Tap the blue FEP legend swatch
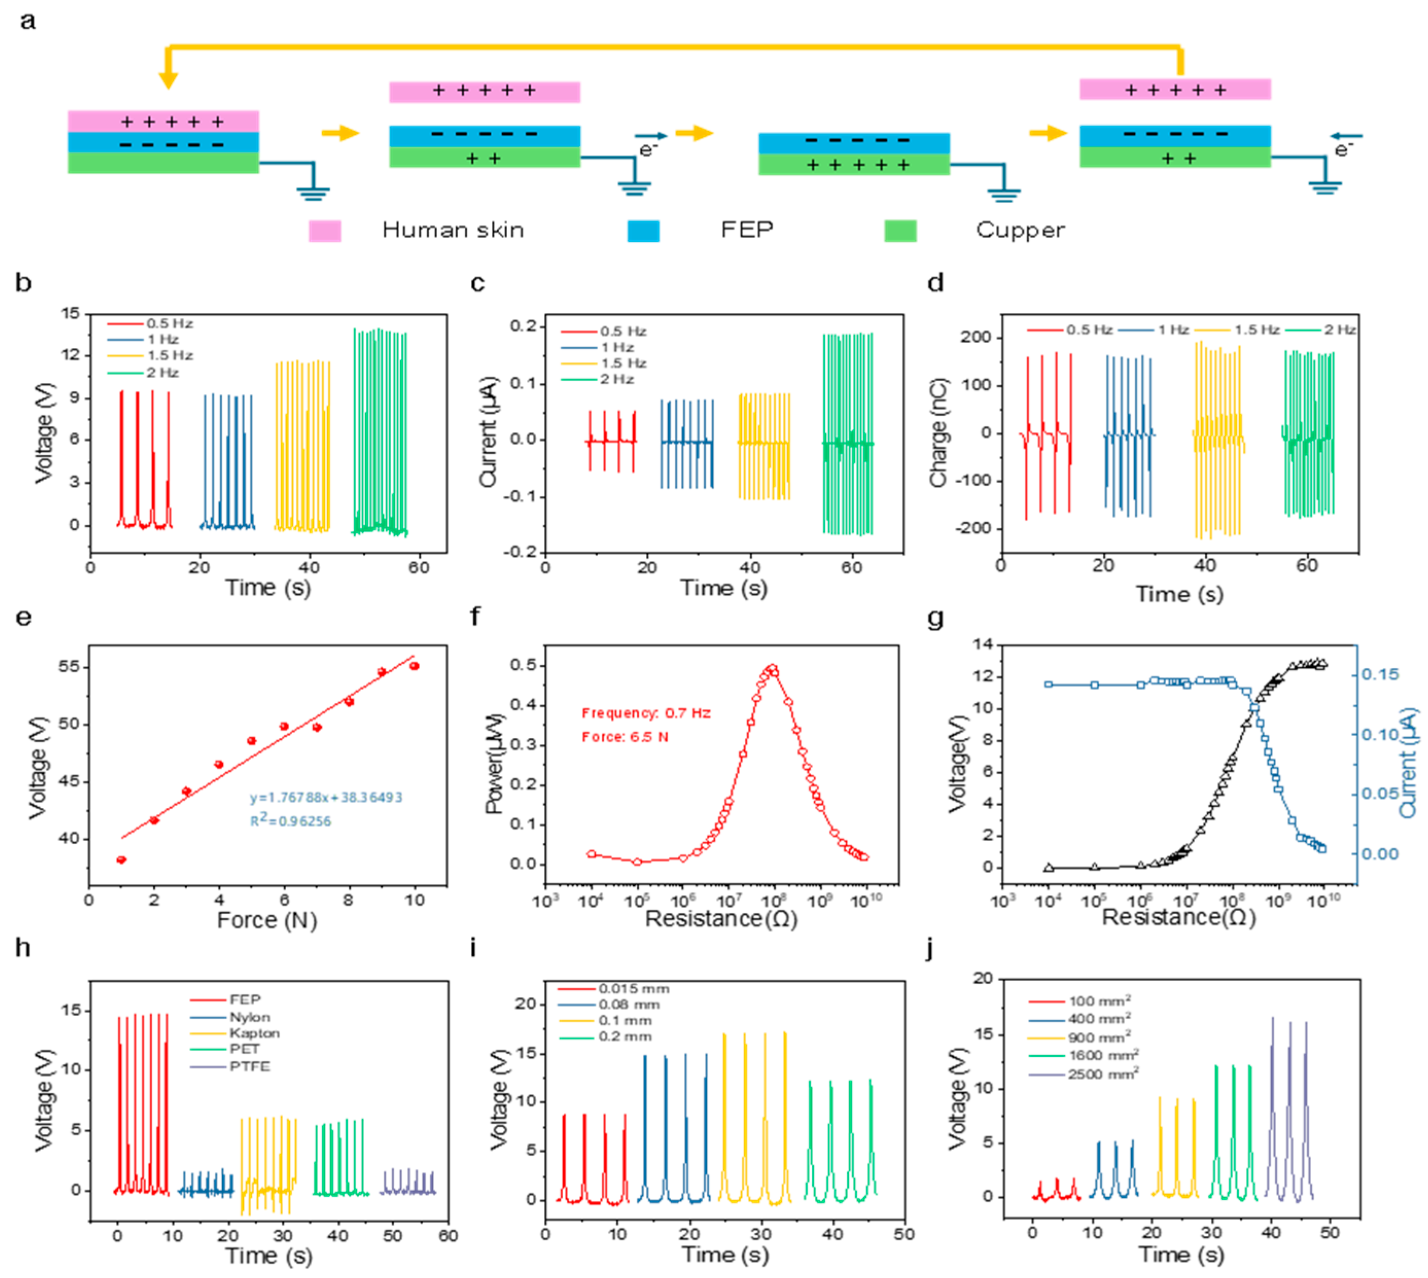click(x=643, y=231)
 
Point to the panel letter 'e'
click(x=23, y=617)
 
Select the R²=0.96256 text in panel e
click(x=291, y=821)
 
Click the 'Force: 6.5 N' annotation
click(x=625, y=737)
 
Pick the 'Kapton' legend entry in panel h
click(x=254, y=1033)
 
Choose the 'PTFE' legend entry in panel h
click(x=249, y=1066)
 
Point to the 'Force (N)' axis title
click(x=267, y=920)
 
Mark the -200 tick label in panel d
click(x=973, y=528)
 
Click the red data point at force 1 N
click(x=121, y=860)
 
